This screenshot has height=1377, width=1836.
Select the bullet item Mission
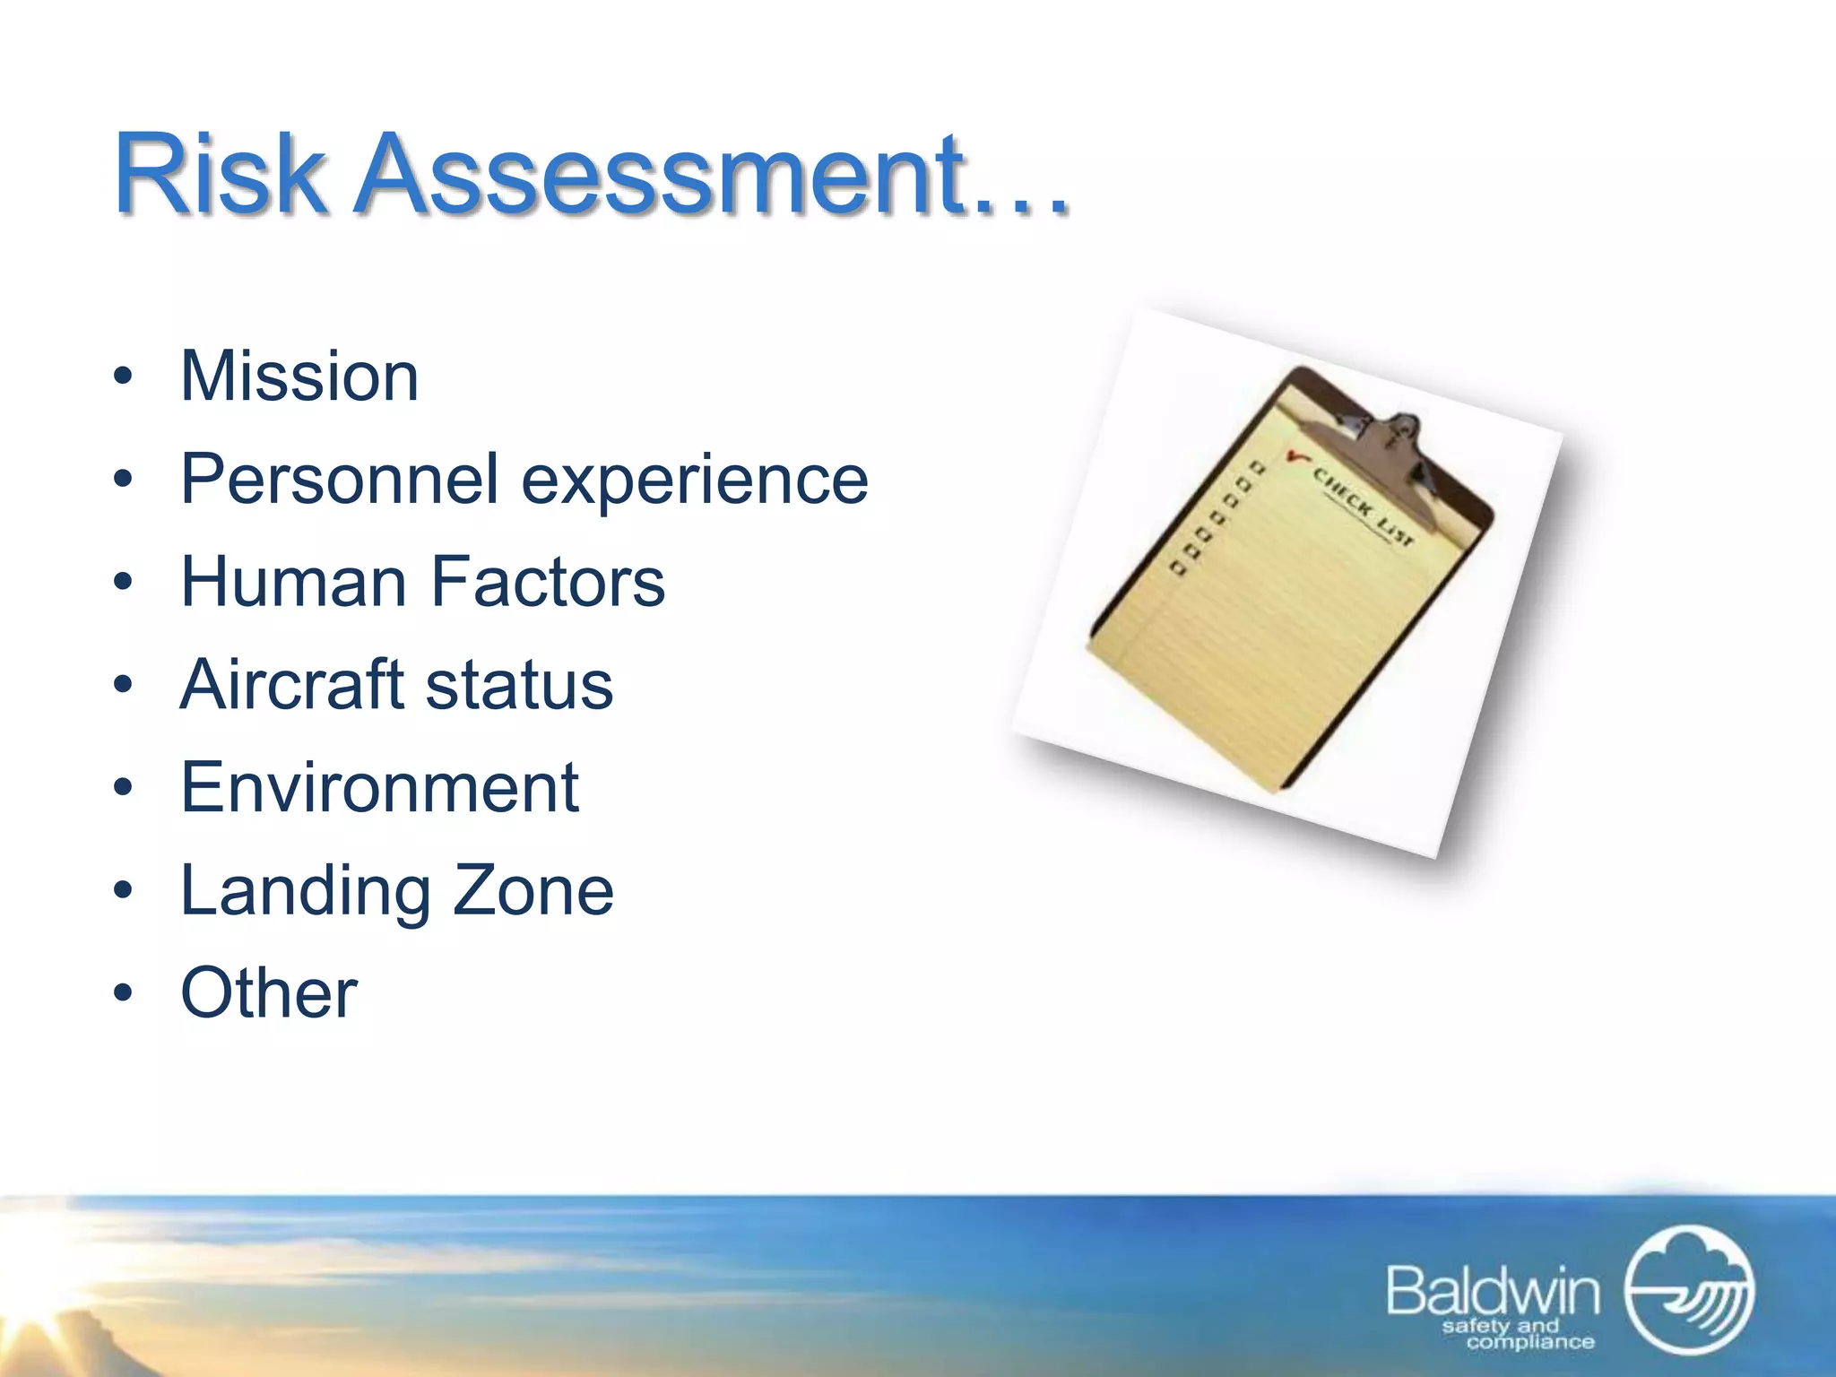point(299,377)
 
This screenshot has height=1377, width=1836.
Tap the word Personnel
point(339,480)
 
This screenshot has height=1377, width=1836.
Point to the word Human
point(294,583)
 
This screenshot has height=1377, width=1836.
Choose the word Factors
point(548,583)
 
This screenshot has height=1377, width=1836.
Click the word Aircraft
point(291,685)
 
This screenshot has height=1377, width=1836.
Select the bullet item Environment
point(379,788)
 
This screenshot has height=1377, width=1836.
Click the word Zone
point(533,891)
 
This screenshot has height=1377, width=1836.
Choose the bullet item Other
point(269,993)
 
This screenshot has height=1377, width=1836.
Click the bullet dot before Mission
point(123,377)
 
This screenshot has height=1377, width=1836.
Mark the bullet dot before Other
point(123,993)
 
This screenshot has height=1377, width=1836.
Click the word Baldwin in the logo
point(1493,1292)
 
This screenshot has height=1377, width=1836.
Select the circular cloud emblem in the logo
point(1689,1290)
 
